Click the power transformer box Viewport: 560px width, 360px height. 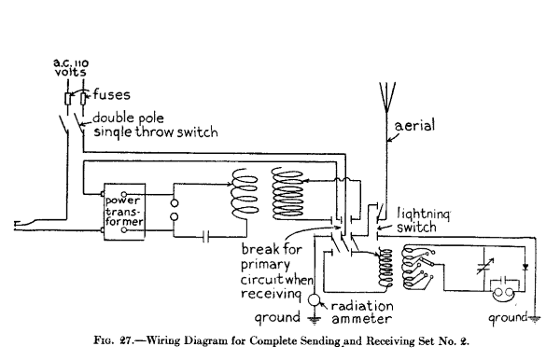pos(125,214)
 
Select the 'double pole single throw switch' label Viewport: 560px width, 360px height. pos(152,125)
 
